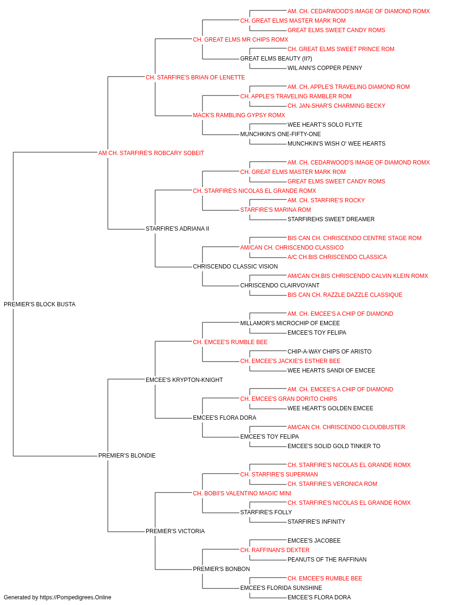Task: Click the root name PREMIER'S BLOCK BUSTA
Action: point(40,304)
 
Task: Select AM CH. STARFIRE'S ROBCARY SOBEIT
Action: point(151,153)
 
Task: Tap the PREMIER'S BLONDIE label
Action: point(127,456)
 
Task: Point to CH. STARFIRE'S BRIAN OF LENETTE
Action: point(195,78)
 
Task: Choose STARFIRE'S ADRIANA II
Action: point(177,229)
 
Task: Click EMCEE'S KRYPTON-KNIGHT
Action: point(184,380)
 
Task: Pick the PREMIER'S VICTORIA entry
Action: point(175,531)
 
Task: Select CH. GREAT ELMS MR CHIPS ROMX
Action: point(240,40)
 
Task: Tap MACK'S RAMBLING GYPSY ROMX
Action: point(239,115)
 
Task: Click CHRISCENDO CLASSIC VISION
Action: point(236,267)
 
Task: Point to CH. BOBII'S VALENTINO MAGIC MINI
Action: point(242,493)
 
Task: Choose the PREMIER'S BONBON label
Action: point(221,569)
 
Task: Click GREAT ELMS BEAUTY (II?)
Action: point(276,59)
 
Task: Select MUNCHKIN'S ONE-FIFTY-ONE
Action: point(280,134)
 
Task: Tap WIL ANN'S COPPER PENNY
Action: point(325,68)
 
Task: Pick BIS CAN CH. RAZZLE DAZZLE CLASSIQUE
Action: point(345,295)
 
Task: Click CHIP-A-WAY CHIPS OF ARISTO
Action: point(330,351)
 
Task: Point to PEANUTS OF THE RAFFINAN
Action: point(327,559)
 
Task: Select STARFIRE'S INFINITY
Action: point(316,521)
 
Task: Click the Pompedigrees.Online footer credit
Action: point(57,597)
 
